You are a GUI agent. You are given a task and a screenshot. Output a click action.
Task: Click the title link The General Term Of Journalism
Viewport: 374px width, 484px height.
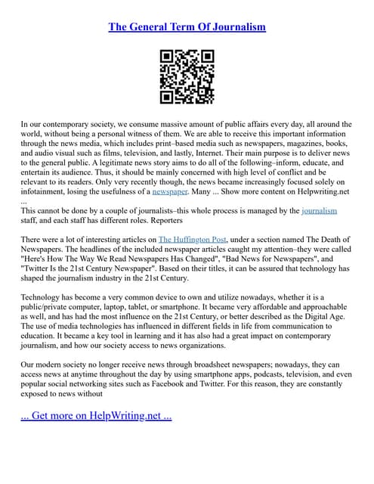187,27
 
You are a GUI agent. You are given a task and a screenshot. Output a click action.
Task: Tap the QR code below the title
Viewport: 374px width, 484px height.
187,76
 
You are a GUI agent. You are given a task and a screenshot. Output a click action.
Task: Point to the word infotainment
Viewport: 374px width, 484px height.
45,193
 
